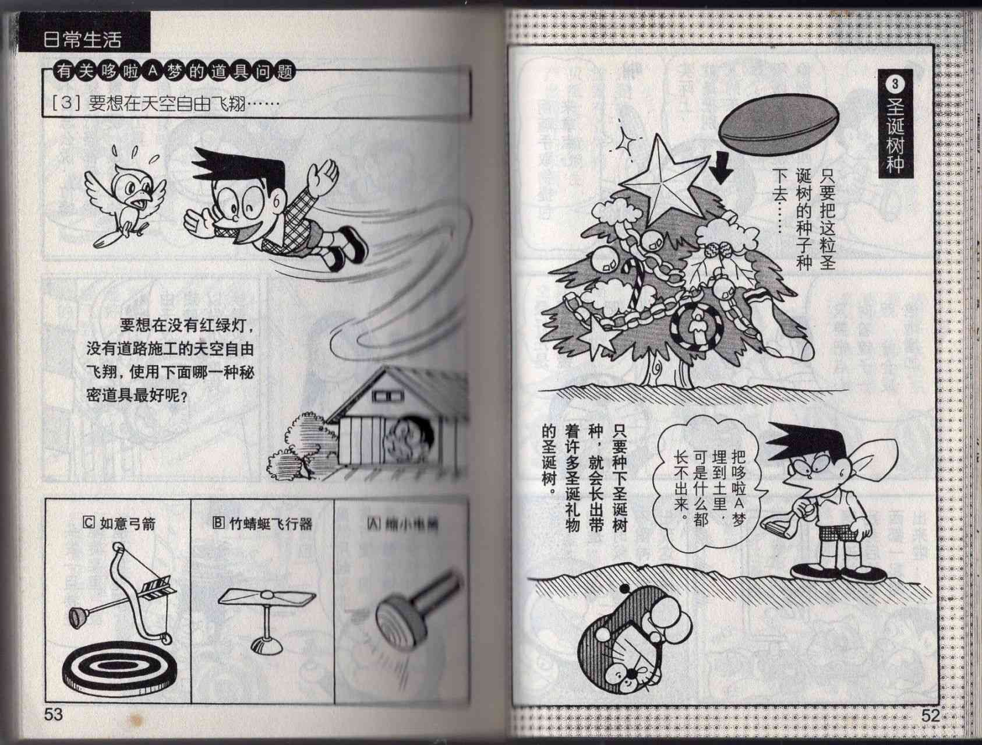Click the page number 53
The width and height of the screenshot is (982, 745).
tap(53, 714)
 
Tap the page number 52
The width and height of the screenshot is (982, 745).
tap(930, 715)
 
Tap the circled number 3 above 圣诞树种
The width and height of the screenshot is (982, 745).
tap(894, 84)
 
